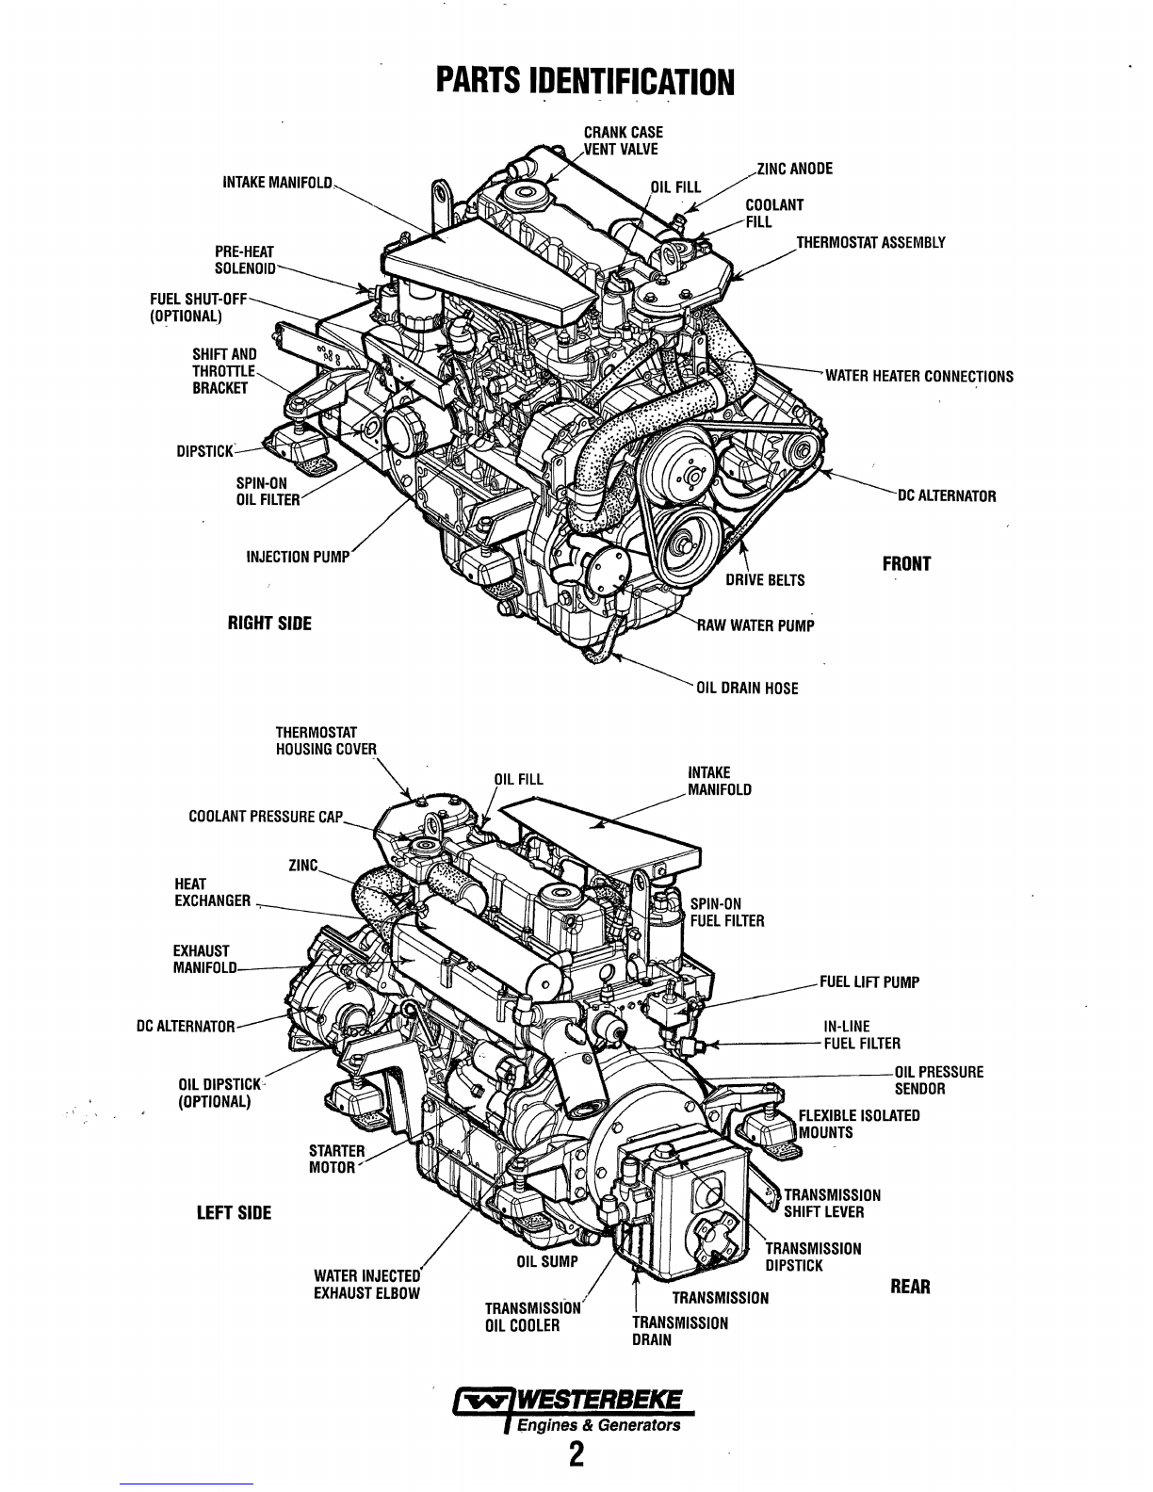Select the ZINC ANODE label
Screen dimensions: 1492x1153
795,170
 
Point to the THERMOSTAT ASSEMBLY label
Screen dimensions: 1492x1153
870,242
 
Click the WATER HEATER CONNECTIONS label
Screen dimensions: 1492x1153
919,377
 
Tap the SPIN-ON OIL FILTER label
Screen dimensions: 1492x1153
268,492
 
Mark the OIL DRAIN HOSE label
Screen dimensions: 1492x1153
747,689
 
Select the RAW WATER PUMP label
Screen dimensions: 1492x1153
755,624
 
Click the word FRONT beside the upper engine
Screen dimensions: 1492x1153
906,564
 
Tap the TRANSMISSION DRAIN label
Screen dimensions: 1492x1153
680,1331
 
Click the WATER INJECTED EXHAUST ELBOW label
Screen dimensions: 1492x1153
367,1285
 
